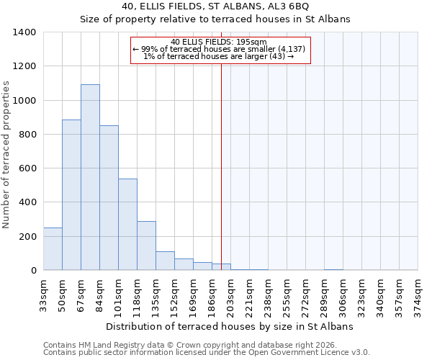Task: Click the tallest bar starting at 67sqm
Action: (x=90, y=177)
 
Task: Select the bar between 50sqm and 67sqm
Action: (x=71, y=194)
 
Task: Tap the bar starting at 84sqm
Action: (x=109, y=198)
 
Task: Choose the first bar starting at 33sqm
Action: (x=53, y=249)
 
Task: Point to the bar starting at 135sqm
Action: (x=165, y=261)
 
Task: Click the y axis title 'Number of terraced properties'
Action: (x=7, y=155)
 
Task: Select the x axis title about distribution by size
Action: (x=230, y=326)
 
